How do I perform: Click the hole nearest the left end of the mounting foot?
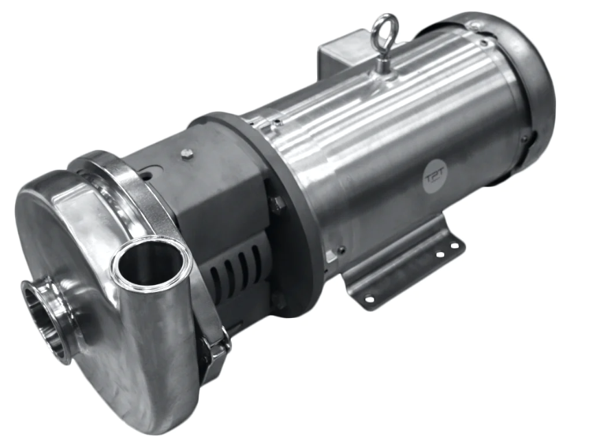tap(369, 298)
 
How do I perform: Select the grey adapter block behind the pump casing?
tap(206, 192)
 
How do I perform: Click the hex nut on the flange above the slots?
tap(277, 204)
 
